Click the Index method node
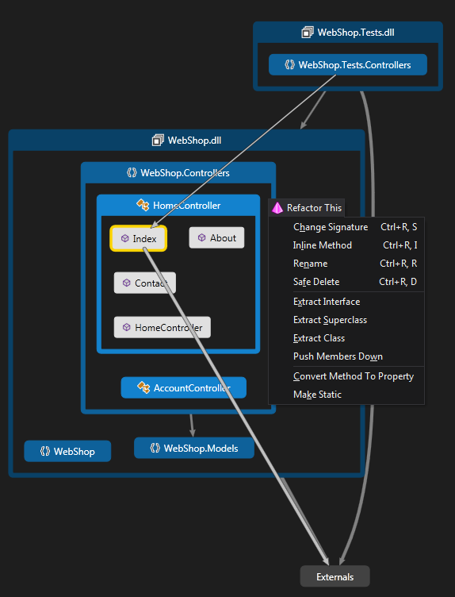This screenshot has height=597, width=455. click(x=139, y=238)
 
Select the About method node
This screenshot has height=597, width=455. click(x=216, y=237)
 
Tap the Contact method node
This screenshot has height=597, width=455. click(x=144, y=283)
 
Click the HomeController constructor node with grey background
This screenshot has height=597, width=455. click(x=162, y=327)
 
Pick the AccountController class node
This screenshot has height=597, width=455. click(x=183, y=387)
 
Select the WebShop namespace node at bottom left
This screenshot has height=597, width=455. click(x=67, y=451)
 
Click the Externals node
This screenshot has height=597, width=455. click(x=335, y=576)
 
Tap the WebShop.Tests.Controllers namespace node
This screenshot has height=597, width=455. click(x=347, y=65)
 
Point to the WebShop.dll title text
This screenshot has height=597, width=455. click(x=194, y=140)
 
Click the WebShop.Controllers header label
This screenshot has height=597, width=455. click(x=185, y=172)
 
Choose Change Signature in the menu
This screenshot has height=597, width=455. click(x=330, y=227)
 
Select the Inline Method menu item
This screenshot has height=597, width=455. click(x=322, y=245)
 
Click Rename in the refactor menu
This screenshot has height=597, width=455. click(x=310, y=264)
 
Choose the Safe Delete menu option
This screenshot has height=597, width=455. click(x=315, y=282)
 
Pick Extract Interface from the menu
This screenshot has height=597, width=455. click(x=326, y=302)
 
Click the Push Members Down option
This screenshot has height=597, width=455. click(x=338, y=356)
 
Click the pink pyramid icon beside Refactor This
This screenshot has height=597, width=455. click(x=277, y=207)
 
